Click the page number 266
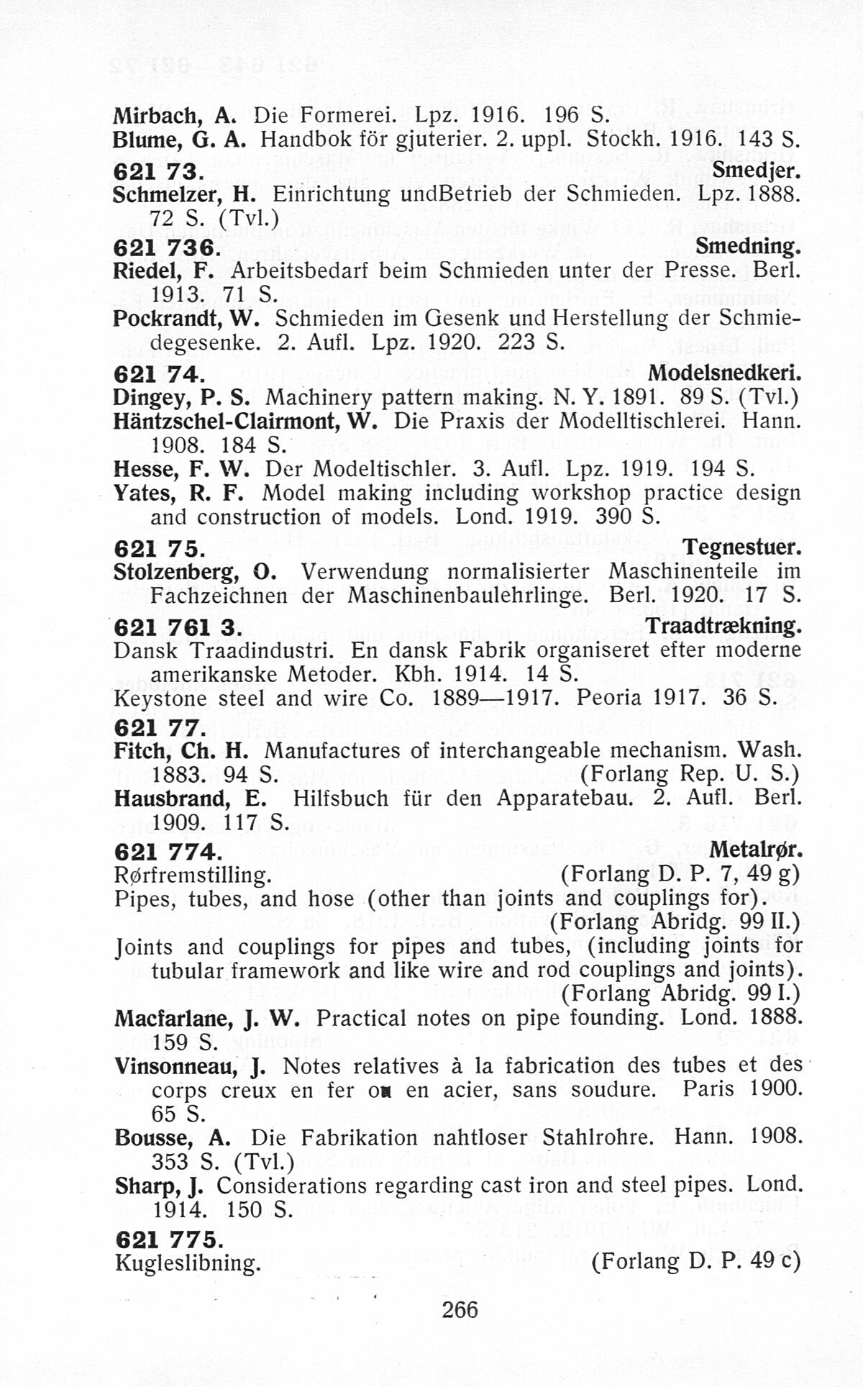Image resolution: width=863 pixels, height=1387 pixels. (x=460, y=1309)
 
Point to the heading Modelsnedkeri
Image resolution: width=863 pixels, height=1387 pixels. (x=724, y=374)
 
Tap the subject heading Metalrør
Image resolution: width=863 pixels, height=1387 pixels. (x=755, y=850)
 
